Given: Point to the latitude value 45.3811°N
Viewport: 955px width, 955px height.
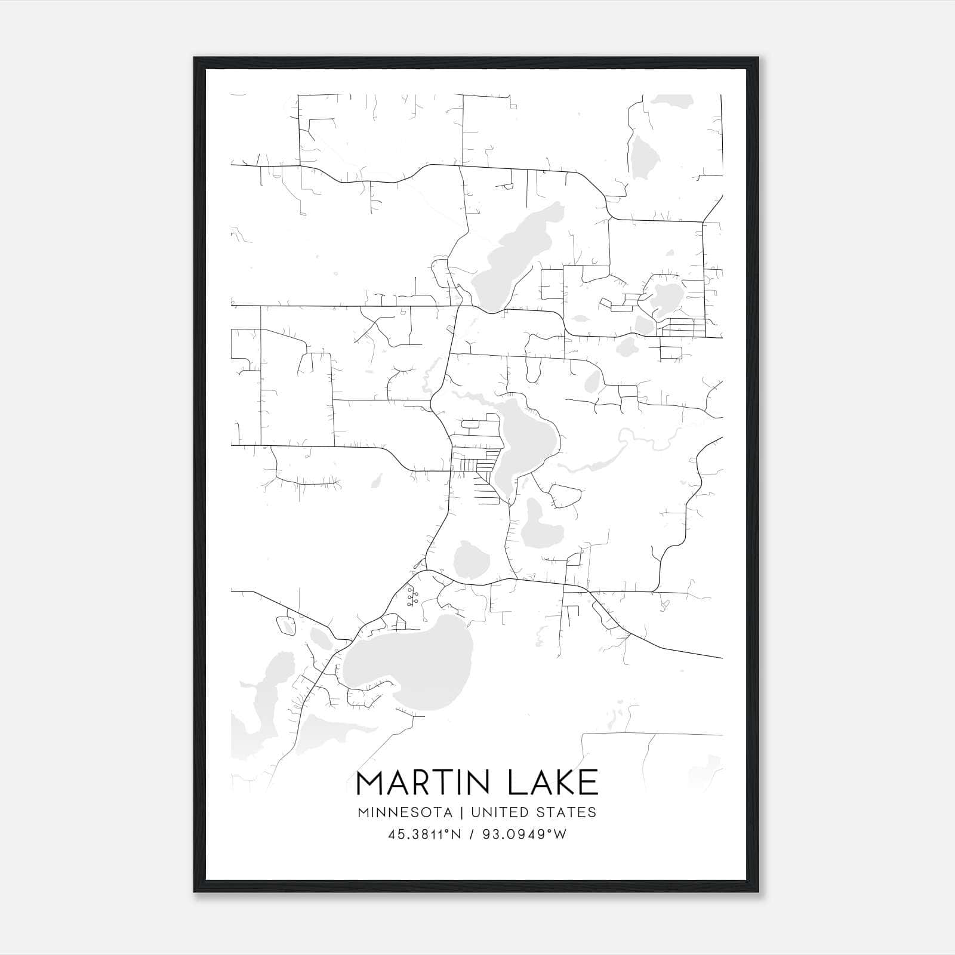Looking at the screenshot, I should tap(424, 834).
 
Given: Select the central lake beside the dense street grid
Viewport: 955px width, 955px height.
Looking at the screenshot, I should tap(525, 442).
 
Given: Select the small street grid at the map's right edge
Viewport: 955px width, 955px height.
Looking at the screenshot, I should tap(683, 327).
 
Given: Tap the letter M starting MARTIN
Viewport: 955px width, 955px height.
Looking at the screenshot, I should tap(371, 783).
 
